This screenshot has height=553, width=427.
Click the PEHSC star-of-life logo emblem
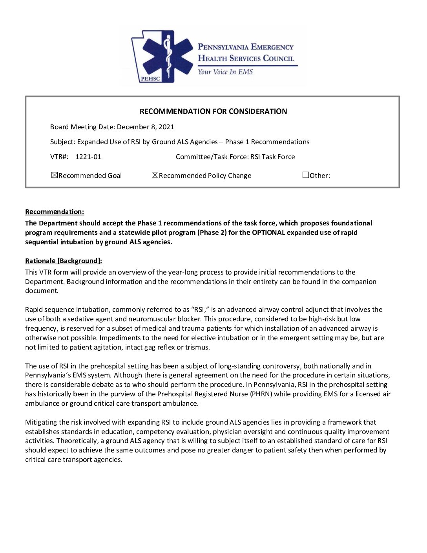(x=164, y=56)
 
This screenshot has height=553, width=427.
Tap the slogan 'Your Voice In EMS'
(x=225, y=72)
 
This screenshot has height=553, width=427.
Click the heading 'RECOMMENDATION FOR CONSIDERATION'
(x=213, y=112)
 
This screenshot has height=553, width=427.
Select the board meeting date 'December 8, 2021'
(x=146, y=127)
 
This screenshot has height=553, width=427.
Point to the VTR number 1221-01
(x=88, y=157)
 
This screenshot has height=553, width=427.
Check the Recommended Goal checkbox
(x=55, y=175)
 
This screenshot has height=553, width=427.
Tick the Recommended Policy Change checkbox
(x=155, y=175)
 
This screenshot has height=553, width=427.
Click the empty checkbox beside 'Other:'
(x=306, y=175)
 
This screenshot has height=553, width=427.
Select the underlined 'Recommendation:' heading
(x=55, y=212)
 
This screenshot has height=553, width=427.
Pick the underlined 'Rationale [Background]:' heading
(x=64, y=261)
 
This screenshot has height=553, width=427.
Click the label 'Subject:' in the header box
(x=63, y=142)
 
